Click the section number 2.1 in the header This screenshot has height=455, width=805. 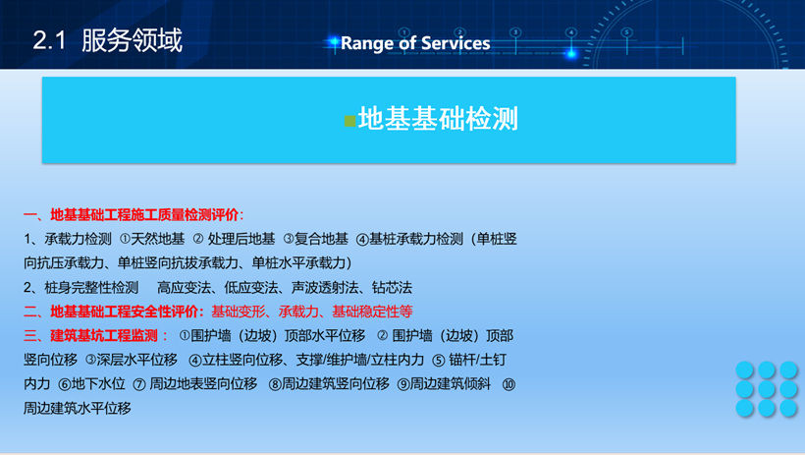49,40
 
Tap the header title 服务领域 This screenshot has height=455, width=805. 132,40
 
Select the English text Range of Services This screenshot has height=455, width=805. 415,43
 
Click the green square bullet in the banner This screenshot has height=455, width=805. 350,121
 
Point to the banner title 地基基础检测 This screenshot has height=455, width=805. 438,119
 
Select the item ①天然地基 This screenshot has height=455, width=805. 152,239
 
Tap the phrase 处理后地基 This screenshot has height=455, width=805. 241,239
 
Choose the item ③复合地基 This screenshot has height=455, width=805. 316,239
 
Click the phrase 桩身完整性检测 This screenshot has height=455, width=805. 91,287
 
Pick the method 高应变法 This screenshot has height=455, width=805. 184,287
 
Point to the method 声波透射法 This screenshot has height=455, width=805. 325,287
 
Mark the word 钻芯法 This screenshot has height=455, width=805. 392,287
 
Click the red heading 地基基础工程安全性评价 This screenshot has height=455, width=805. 125,312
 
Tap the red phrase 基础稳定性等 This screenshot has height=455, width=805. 372,312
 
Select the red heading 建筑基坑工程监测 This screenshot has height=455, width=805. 104,336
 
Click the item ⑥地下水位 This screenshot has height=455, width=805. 92,384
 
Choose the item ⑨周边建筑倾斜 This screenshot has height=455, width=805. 444,384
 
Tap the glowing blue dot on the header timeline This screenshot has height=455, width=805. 571,53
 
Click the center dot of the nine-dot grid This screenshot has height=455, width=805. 766,389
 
